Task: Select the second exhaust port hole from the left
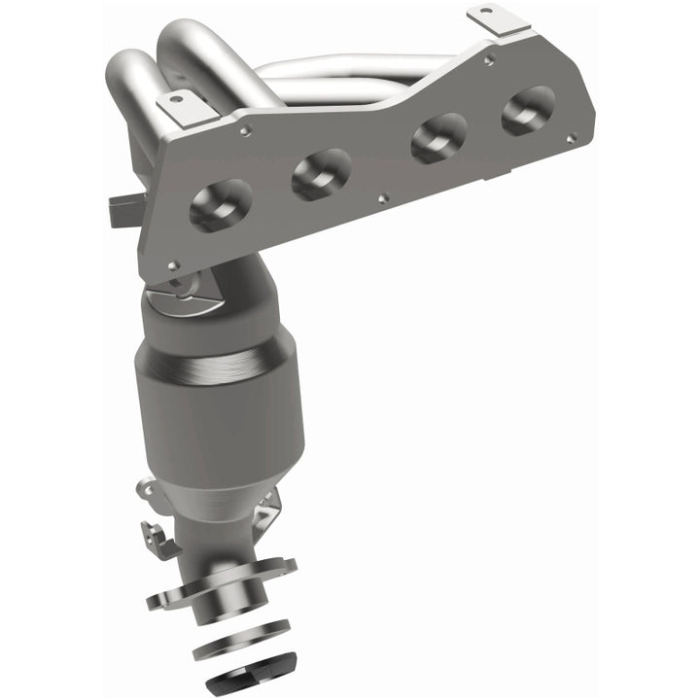(x=321, y=173)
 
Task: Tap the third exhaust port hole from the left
(x=438, y=137)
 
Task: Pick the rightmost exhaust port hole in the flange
(x=528, y=109)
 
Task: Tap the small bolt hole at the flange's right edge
(x=570, y=137)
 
